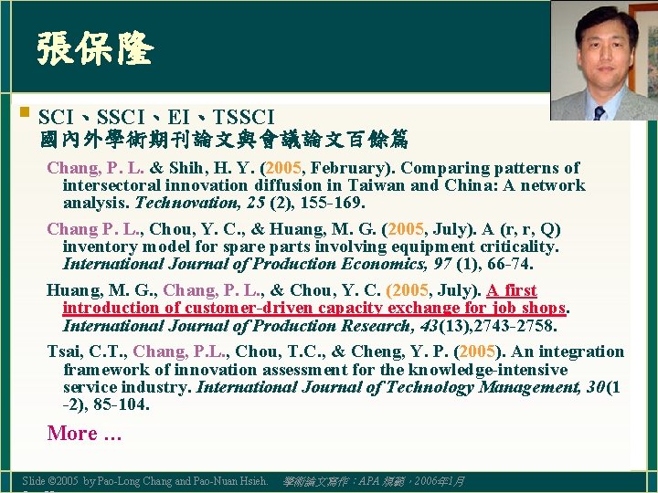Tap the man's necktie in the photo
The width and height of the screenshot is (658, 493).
pyautogui.click(x=599, y=112)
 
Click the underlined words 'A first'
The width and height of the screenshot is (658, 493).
pyautogui.click(x=511, y=290)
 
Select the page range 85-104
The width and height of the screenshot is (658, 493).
pyautogui.click(x=117, y=404)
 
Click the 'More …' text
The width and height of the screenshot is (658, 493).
pyautogui.click(x=84, y=434)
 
